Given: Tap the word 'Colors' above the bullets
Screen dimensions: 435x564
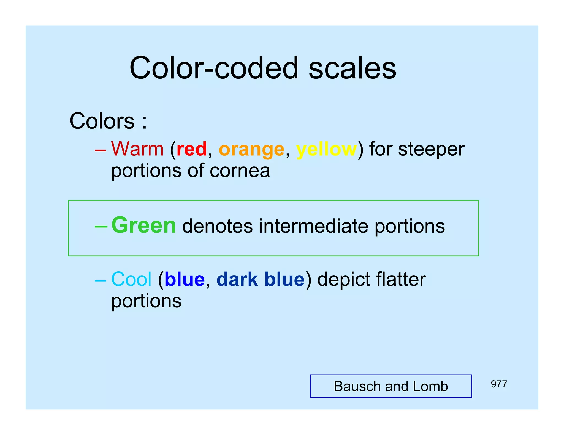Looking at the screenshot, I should (x=102, y=121).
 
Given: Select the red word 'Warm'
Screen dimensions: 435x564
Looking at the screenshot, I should (x=137, y=149).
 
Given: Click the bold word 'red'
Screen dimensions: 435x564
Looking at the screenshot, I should (x=191, y=149).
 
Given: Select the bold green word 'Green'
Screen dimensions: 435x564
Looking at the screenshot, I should (x=143, y=225).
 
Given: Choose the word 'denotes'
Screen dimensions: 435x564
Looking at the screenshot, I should (x=217, y=226).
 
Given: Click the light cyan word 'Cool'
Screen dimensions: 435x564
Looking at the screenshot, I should (x=131, y=279).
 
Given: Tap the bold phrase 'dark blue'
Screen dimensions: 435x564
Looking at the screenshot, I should (x=261, y=279).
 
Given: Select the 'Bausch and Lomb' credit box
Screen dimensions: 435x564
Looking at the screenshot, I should (x=391, y=386).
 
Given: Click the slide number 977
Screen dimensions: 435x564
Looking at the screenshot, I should (x=499, y=384).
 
